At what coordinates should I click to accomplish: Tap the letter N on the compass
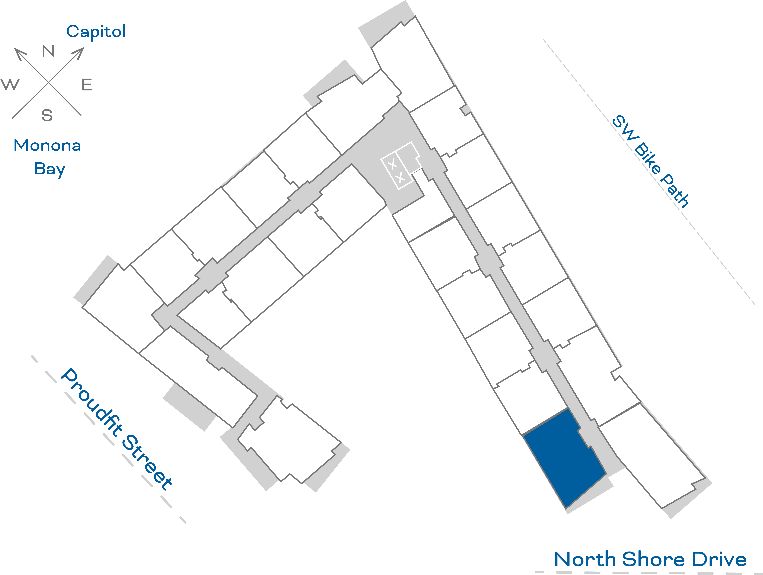(48, 51)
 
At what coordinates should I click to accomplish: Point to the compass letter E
(87, 85)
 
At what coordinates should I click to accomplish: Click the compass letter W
(10, 84)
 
